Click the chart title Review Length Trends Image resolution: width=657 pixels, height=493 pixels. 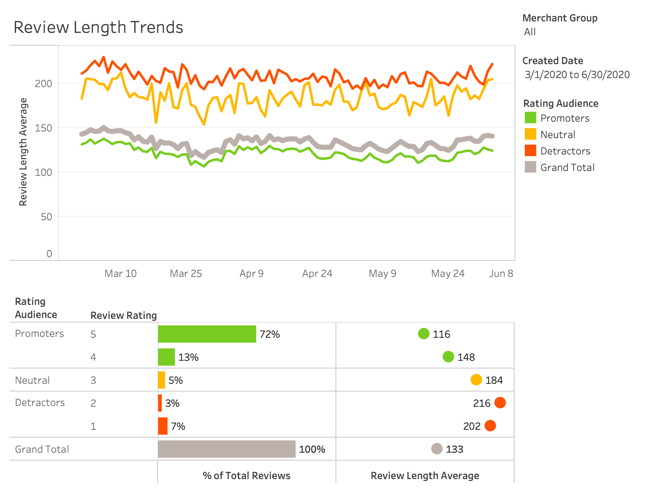pyautogui.click(x=98, y=28)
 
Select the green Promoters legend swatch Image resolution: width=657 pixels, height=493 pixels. pyautogui.click(x=530, y=118)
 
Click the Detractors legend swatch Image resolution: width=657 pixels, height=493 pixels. pyautogui.click(x=530, y=151)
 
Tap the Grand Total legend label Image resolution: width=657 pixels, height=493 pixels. pyautogui.click(x=567, y=168)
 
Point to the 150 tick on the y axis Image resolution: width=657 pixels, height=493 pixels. pyautogui.click(x=44, y=128)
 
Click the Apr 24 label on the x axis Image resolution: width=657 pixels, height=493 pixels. pyautogui.click(x=317, y=274)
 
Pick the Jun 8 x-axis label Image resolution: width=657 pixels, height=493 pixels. pyautogui.click(x=501, y=274)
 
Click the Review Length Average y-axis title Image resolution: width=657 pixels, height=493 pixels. pyautogui.click(x=23, y=152)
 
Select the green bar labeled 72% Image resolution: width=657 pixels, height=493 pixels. pyautogui.click(x=207, y=334)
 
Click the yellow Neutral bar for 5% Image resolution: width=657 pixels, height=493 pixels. pyautogui.click(x=161, y=380)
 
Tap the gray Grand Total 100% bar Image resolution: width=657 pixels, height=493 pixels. pyautogui.click(x=227, y=449)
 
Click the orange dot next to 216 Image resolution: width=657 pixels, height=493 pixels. pyautogui.click(x=500, y=403)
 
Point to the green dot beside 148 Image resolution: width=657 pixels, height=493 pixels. pyautogui.click(x=448, y=357)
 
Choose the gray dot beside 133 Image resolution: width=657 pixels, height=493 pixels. pyautogui.click(x=436, y=449)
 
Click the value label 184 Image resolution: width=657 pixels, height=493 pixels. pyautogui.click(x=494, y=380)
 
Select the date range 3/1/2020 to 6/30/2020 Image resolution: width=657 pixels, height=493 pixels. pyautogui.click(x=577, y=75)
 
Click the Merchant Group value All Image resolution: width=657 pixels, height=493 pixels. pyautogui.click(x=530, y=32)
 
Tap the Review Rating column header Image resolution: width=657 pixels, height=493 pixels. pyautogui.click(x=124, y=316)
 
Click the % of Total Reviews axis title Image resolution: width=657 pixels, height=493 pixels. pyautogui.click(x=246, y=476)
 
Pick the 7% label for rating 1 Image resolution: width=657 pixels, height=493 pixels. pyautogui.click(x=178, y=426)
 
